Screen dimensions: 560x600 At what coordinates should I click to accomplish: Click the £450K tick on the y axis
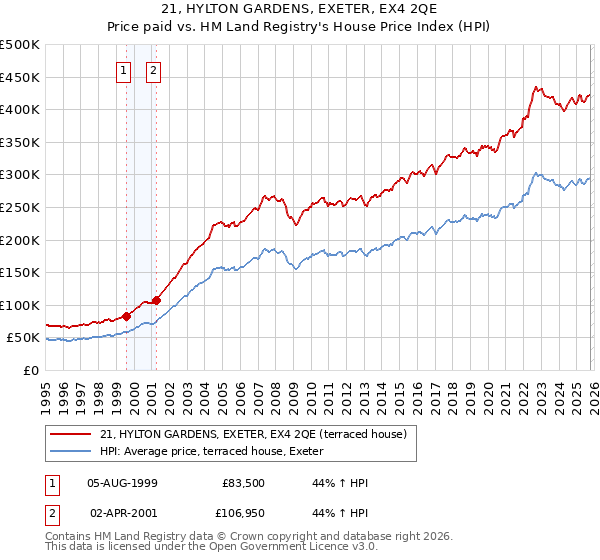[x=20, y=77]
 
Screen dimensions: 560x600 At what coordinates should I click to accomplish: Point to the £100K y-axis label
[x=20, y=305]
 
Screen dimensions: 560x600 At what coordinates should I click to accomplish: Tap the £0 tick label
[x=30, y=370]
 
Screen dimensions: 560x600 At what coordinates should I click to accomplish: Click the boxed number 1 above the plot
[x=123, y=70]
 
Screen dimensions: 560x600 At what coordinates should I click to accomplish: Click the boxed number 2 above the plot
[x=153, y=70]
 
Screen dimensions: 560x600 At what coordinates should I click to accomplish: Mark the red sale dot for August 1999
[x=127, y=316]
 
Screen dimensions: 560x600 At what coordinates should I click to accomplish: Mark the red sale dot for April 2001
[x=156, y=300]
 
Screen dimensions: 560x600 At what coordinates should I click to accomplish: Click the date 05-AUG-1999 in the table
[x=122, y=483]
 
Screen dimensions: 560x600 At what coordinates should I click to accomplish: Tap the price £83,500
[x=242, y=483]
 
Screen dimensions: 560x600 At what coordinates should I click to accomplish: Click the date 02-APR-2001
[x=122, y=513]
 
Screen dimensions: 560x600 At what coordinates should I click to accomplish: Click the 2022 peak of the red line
[x=536, y=87]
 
